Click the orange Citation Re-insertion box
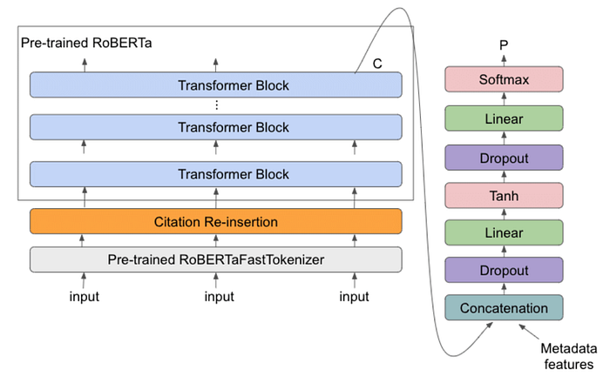(x=216, y=221)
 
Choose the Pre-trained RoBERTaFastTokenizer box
(x=216, y=259)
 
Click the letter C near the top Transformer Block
(x=377, y=65)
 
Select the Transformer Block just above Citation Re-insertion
(x=216, y=174)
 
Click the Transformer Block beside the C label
(x=216, y=85)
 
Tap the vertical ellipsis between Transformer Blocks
(x=216, y=106)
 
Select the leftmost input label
(x=85, y=297)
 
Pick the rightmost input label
(x=354, y=297)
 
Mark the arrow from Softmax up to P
(x=502, y=58)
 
